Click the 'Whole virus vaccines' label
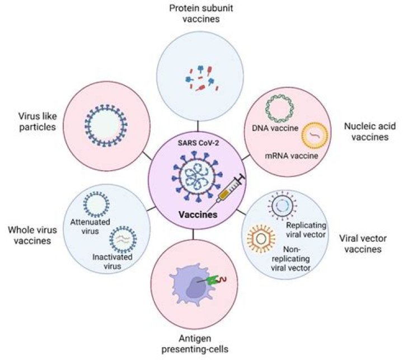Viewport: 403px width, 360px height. click(34, 235)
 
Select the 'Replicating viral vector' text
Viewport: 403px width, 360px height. click(306, 230)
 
